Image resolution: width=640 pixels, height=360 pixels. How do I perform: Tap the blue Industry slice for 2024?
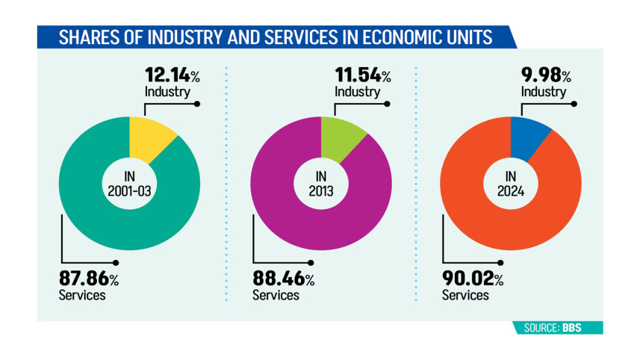(x=527, y=137)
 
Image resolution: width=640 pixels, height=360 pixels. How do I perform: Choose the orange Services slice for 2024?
(x=478, y=217)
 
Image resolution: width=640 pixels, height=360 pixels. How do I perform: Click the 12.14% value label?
(x=170, y=75)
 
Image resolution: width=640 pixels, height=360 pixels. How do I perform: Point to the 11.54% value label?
(x=361, y=75)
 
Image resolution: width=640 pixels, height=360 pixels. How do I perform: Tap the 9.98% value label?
(x=545, y=75)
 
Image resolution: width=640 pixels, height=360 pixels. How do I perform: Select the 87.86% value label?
(x=88, y=279)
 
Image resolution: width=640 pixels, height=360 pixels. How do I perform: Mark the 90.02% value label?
(x=472, y=279)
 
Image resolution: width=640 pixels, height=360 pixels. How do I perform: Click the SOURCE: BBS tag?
(x=558, y=328)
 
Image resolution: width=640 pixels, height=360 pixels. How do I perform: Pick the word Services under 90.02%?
(x=465, y=295)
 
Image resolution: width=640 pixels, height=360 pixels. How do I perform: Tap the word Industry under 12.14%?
(x=167, y=92)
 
